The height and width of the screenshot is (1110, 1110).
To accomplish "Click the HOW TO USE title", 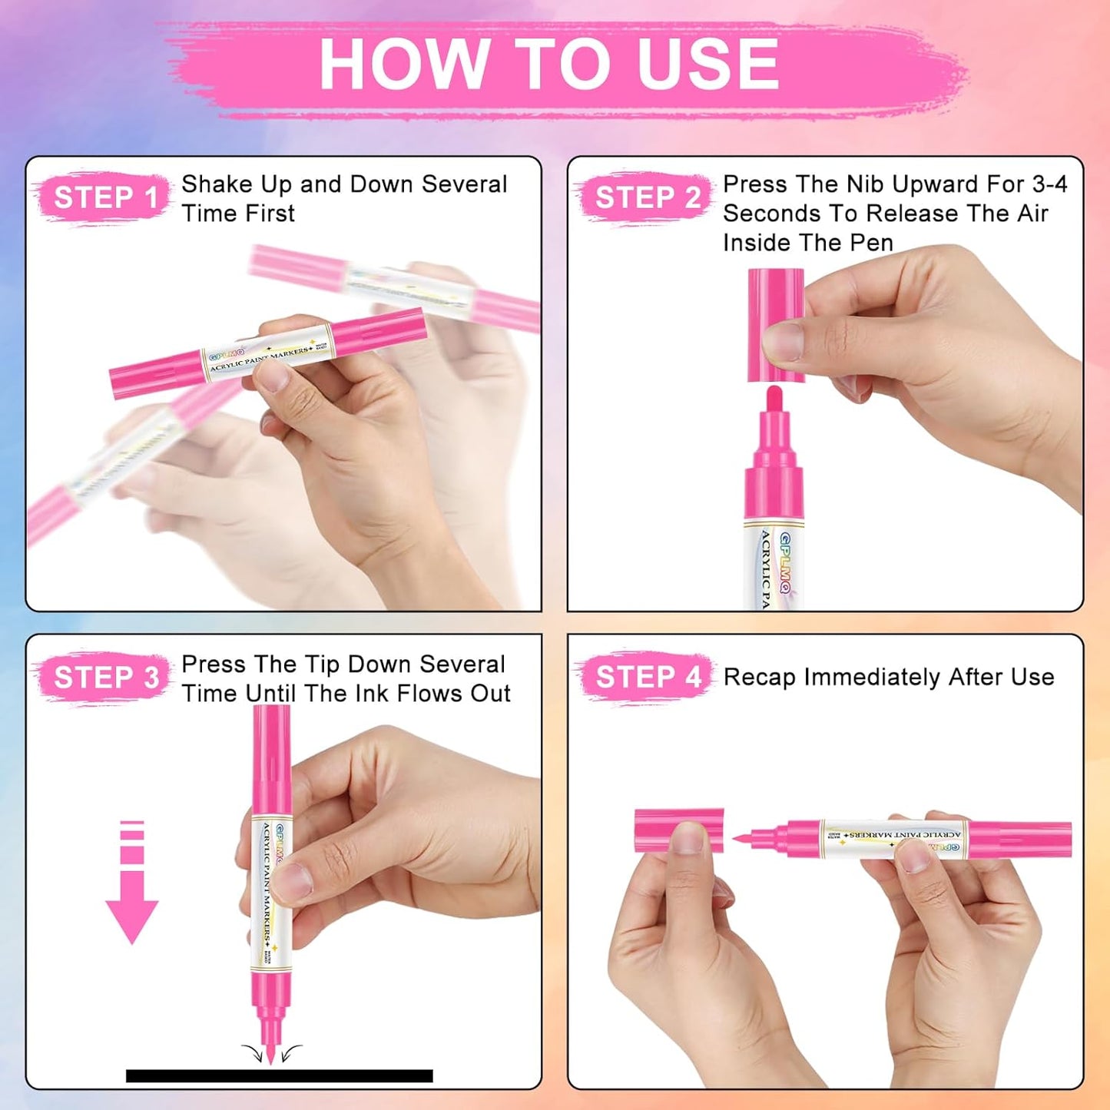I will (x=548, y=65).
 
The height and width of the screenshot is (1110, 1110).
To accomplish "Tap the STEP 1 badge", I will (x=105, y=197).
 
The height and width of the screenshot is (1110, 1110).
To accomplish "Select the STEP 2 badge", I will (x=647, y=197).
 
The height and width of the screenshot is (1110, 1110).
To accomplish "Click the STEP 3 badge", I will (x=105, y=678).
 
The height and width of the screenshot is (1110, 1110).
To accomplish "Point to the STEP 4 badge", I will (x=648, y=678).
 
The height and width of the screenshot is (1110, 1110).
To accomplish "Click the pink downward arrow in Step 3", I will (x=132, y=883).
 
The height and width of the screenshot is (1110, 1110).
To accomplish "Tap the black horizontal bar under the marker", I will (x=279, y=1075).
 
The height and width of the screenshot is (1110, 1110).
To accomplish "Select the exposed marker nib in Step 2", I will (x=774, y=399).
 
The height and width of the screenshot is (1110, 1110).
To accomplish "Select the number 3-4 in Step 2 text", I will (x=1049, y=184).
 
